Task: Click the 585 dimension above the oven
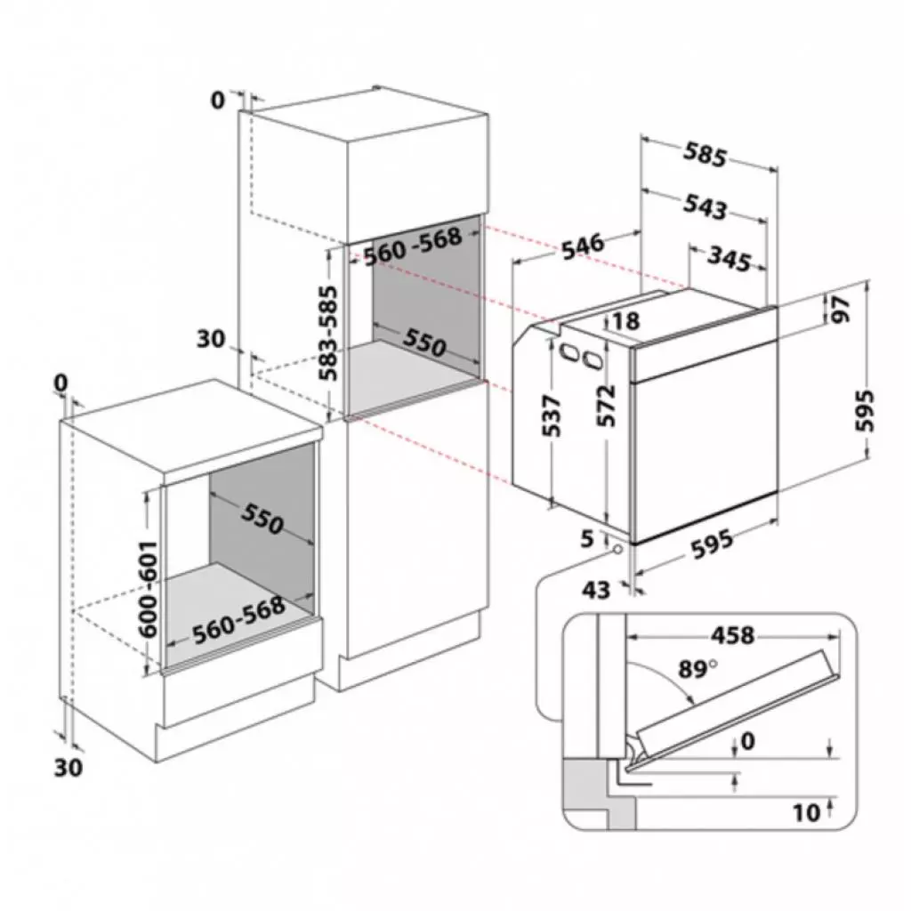coord(705,155)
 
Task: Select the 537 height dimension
coord(552,415)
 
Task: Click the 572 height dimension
coord(607,407)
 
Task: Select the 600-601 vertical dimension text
coord(149,588)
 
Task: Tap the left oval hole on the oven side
coord(566,352)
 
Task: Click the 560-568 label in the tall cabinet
coord(412,246)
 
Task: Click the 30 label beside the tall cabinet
coord(211,339)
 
